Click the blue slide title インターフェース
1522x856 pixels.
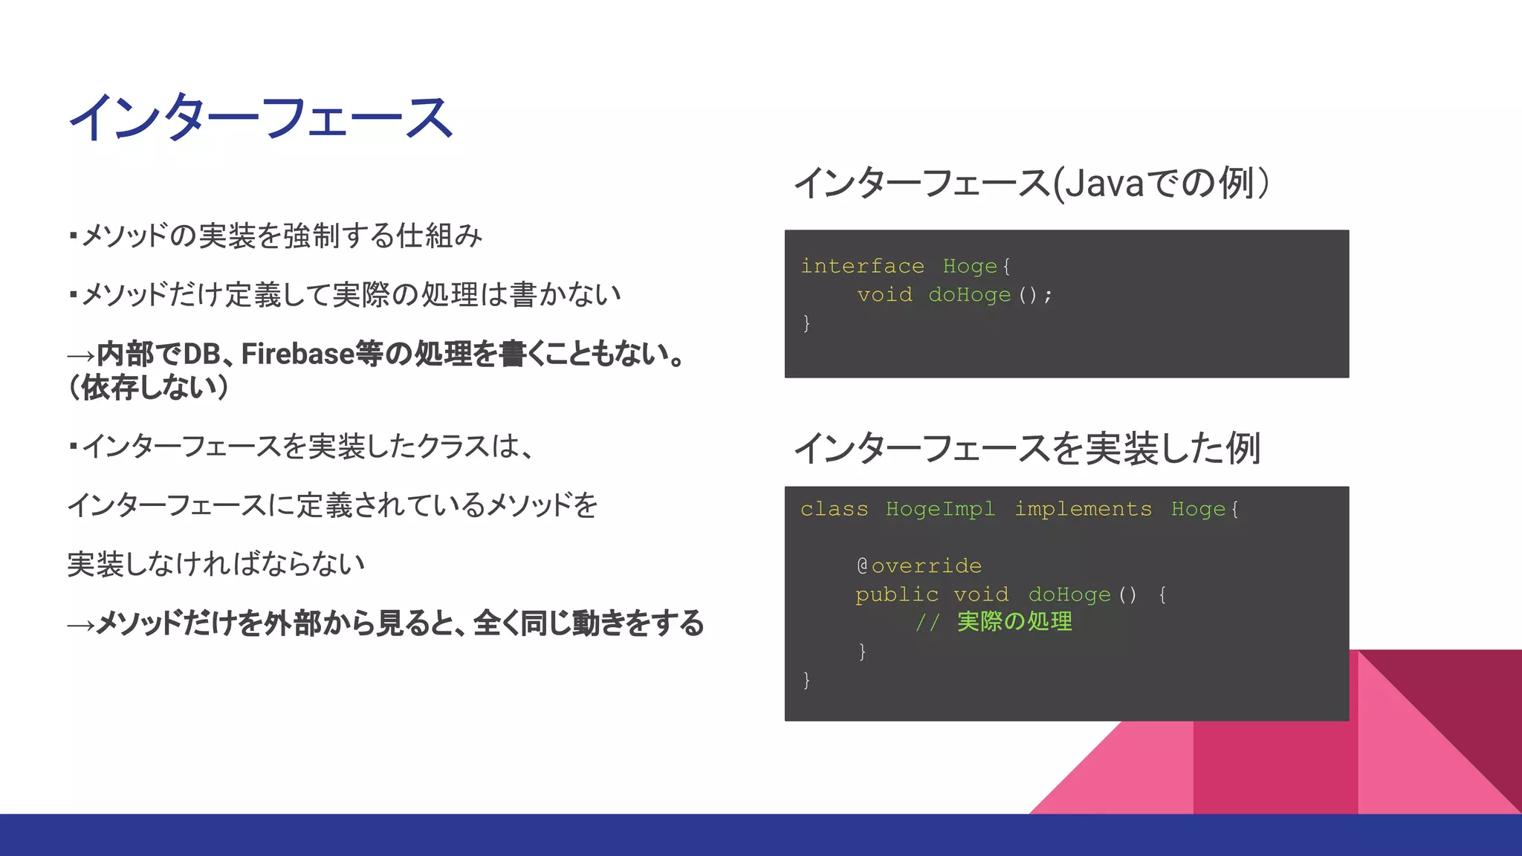[x=260, y=118]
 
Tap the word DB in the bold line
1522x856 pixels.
[x=201, y=354]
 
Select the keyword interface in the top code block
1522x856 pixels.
[x=862, y=266]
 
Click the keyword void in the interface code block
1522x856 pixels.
[x=884, y=295]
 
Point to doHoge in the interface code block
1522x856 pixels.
[x=969, y=295]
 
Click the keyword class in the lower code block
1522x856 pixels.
[x=834, y=509]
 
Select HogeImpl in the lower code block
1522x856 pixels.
[x=940, y=509]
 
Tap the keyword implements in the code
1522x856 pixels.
[x=1083, y=509]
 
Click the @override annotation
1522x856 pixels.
[x=919, y=566]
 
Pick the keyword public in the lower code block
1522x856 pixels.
[x=896, y=594]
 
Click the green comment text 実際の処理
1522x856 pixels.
[x=1014, y=622]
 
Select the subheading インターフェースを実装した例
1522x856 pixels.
[x=1027, y=448]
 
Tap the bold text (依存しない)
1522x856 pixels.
[x=149, y=387]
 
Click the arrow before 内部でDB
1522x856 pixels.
[x=81, y=356]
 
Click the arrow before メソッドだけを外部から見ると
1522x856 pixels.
[x=81, y=625]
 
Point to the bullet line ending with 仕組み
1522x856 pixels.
[x=275, y=236]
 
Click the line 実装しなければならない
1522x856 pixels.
[x=216, y=564]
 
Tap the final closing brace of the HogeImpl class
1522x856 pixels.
[x=806, y=680]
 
